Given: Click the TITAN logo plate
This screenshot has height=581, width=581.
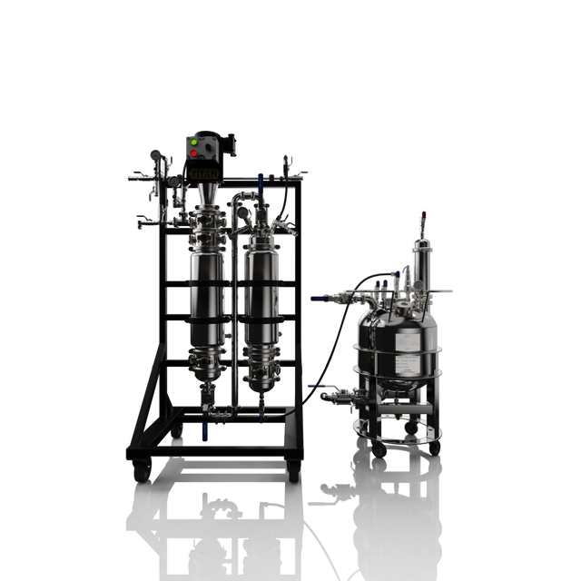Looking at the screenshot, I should pyautogui.click(x=205, y=171).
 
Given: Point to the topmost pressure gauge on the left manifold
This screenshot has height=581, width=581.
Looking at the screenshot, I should pyautogui.click(x=157, y=153).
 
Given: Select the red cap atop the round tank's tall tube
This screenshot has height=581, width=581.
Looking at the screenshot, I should pyautogui.click(x=420, y=218).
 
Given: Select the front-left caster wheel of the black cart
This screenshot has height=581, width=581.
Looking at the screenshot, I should pyautogui.click(x=142, y=469).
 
